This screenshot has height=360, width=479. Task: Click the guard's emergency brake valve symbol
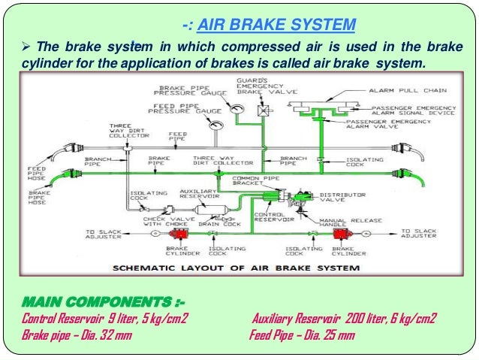[264, 110]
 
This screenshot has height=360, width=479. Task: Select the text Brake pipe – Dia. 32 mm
[76, 334]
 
